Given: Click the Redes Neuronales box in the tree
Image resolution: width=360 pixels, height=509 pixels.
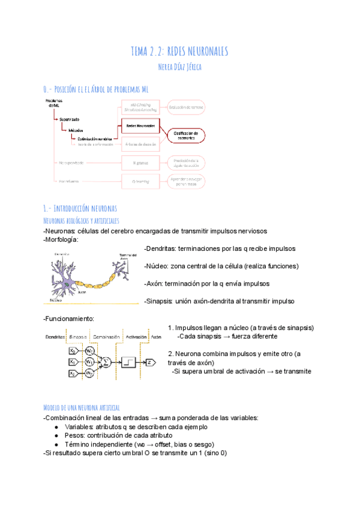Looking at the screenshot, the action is [x=140, y=126].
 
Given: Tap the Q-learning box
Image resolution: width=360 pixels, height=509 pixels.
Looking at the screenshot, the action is [x=140, y=180].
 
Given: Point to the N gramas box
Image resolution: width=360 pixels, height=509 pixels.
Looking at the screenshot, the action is [x=140, y=163].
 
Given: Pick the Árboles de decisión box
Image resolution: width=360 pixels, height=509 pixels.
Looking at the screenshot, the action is [x=140, y=144].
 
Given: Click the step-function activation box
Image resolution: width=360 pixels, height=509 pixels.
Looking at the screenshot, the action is [x=131, y=362].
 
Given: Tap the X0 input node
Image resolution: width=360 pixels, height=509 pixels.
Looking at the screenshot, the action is [x=73, y=351].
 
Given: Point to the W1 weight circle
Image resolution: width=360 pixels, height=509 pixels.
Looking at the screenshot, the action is [x=89, y=362].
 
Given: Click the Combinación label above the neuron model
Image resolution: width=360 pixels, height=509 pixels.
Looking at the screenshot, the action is [x=106, y=337].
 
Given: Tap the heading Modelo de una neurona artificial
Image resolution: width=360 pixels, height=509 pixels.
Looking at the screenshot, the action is [x=82, y=407].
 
